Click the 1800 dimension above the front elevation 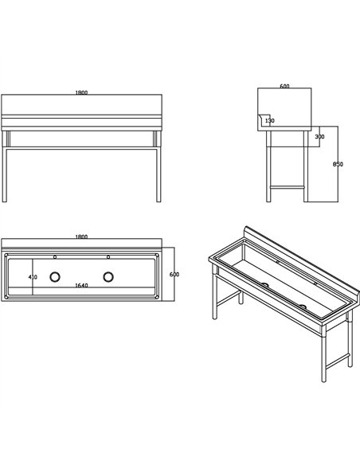pos(81,92)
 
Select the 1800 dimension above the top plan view pos(81,236)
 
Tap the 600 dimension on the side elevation pos(284,86)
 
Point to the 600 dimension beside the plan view pos(174,275)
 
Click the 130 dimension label pos(270,121)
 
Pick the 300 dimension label pos(319,137)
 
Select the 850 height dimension pos(338,164)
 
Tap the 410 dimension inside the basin pos(33,277)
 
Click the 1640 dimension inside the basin pos(81,286)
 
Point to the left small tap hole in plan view pos(55,257)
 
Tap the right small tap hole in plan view pos(108,257)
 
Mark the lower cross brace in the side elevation pos(288,187)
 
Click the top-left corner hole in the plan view pos(6,255)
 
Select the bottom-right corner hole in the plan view pos(157,297)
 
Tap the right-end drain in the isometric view pos(303,307)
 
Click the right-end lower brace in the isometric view pos(338,361)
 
